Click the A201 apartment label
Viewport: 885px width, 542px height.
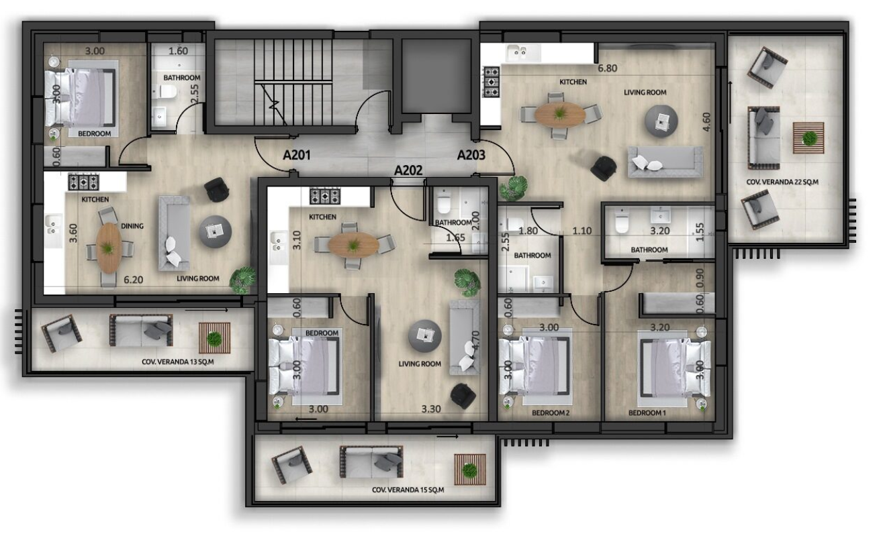tap(297, 155)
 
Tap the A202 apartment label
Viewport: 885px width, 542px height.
tap(408, 170)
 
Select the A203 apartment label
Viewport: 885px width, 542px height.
tap(471, 155)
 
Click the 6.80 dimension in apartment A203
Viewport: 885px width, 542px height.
tap(607, 68)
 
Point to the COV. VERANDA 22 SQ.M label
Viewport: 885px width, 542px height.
tap(782, 182)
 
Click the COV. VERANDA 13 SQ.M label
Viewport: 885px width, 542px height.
tap(177, 362)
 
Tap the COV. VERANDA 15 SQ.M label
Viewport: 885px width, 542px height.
tap(408, 490)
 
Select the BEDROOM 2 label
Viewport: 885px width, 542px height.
tap(551, 413)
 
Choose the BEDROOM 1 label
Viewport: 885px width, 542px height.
tap(647, 413)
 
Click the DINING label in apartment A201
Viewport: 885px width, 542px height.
tap(132, 226)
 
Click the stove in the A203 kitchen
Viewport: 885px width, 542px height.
tap(492, 82)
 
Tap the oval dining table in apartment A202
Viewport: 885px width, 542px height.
tap(353, 245)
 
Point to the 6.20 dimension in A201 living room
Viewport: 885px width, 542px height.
tap(133, 280)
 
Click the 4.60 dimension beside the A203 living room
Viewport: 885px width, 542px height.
tap(707, 121)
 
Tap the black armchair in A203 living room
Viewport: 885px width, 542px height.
tap(603, 168)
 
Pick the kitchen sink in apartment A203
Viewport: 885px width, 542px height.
tap(518, 52)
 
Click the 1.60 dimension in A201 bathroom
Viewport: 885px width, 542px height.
tap(178, 51)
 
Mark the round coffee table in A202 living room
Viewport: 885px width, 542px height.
tap(424, 336)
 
